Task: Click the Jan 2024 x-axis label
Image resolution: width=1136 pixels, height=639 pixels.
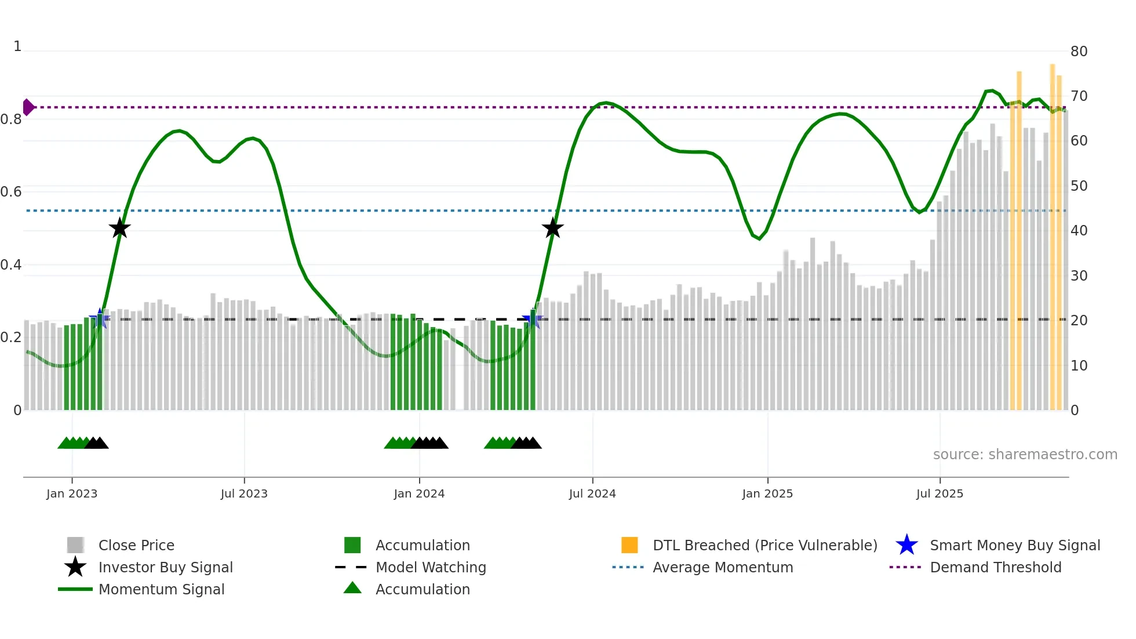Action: pos(419,493)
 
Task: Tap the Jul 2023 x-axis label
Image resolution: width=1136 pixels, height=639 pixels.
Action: pos(244,493)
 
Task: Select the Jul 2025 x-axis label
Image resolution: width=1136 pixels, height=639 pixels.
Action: pos(940,493)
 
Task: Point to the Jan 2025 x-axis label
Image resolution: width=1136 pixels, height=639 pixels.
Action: pos(767,493)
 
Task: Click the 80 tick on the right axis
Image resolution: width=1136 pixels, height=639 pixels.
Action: pos(1079,52)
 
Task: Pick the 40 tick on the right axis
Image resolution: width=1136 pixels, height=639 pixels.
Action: pos(1079,231)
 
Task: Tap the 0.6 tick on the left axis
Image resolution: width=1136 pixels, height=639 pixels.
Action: pos(11,192)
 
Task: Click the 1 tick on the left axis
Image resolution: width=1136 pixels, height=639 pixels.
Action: pos(17,46)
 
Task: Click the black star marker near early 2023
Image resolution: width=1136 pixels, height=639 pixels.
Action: pos(119,228)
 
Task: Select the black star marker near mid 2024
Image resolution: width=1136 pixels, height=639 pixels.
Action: pos(552,228)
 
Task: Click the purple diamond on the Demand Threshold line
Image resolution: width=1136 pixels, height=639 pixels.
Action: pos(28,107)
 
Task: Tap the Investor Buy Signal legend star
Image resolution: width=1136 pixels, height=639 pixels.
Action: pos(75,567)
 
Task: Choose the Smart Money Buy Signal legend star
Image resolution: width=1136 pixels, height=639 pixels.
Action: pos(906,545)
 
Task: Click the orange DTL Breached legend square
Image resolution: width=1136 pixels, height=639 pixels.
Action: pos(629,545)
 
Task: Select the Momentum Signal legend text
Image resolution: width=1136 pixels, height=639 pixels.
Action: pos(161,589)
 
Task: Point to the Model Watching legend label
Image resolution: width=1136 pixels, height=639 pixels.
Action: pos(431,567)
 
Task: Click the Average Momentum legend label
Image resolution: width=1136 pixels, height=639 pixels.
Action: pos(723,567)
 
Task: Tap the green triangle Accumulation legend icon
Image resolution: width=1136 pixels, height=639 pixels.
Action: pos(352,588)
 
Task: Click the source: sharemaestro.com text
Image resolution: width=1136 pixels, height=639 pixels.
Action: pos(1025,455)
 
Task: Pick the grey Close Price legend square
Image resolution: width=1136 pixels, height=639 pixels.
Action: pos(75,545)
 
